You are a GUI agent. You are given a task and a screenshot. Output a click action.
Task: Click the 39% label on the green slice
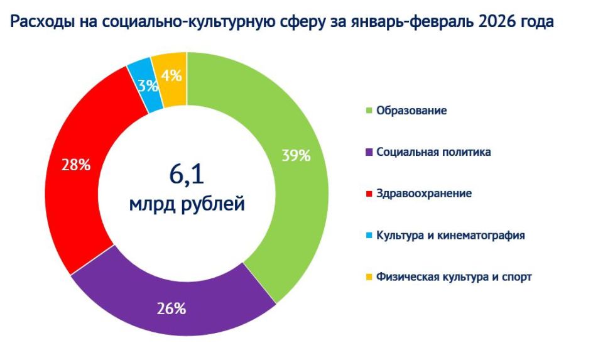click(296, 156)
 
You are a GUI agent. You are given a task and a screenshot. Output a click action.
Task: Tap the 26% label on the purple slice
click(171, 308)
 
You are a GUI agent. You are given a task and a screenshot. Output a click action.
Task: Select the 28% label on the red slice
click(76, 165)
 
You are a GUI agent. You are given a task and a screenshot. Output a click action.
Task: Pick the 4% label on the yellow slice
click(171, 76)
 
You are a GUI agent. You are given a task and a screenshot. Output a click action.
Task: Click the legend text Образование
click(411, 111)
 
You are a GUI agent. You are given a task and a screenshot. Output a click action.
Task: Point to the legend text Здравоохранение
click(424, 194)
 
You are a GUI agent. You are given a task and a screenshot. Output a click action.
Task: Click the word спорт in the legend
click(517, 277)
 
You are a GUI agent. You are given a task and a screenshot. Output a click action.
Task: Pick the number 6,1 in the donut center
click(187, 174)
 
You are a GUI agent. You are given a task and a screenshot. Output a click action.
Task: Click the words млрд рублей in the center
click(187, 204)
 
